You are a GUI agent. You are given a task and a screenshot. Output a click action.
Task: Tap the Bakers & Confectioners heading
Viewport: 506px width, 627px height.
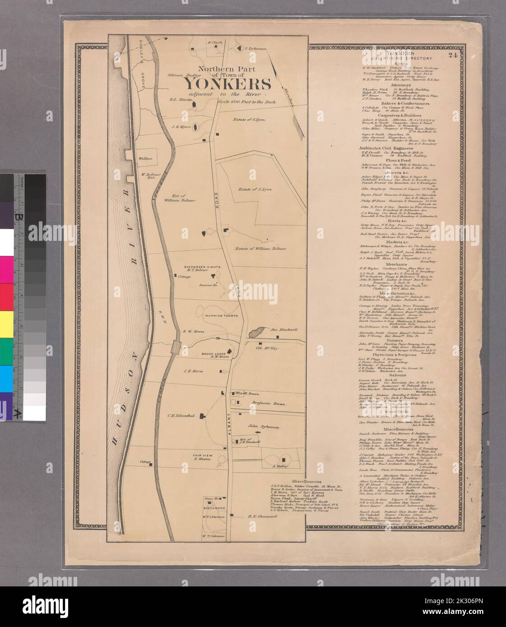pyautogui.click(x=397, y=103)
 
